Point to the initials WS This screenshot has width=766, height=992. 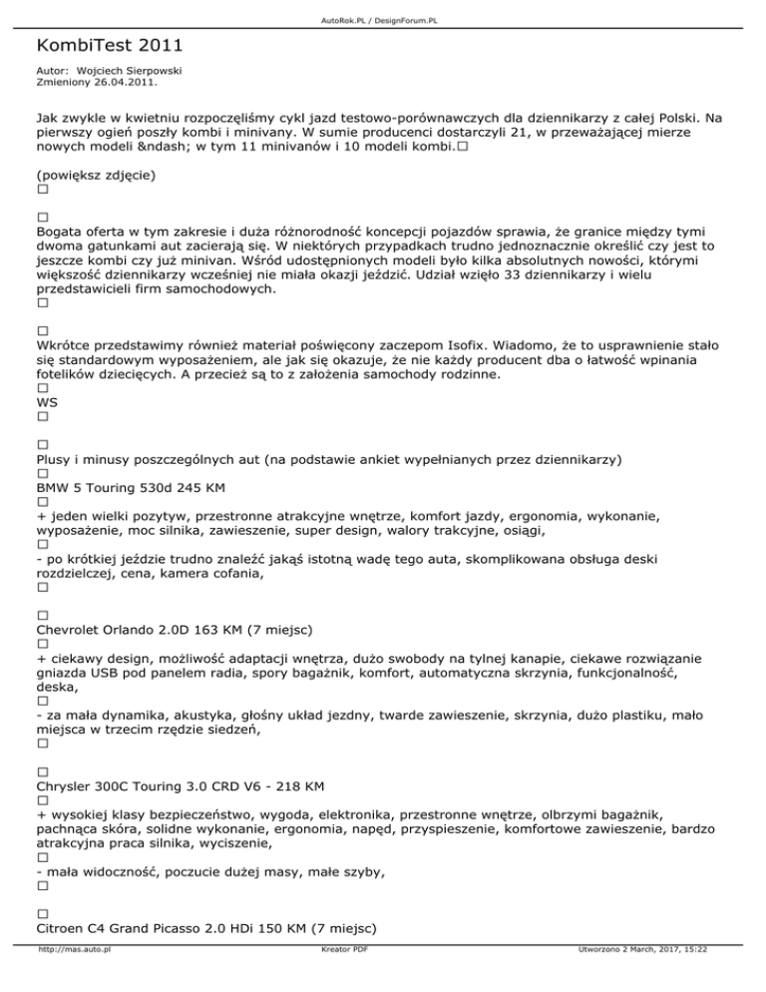[47, 402]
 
